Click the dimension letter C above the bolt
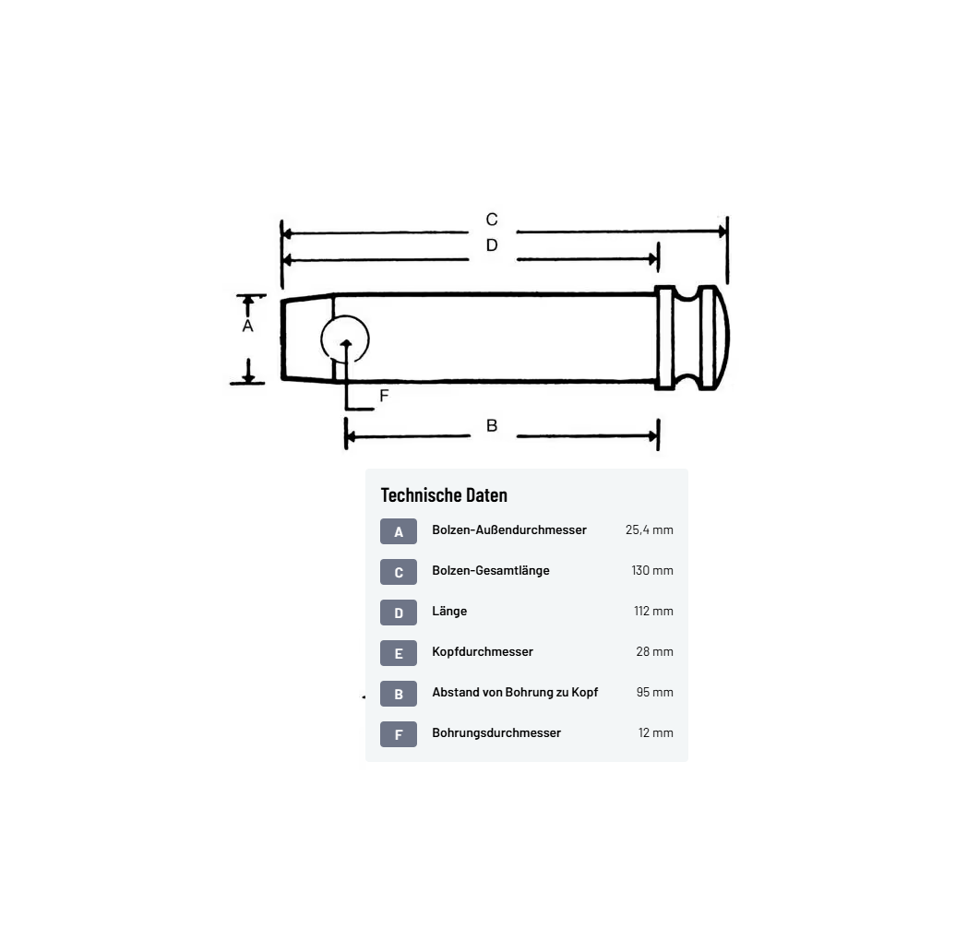click(x=492, y=220)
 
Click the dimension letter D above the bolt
click(x=492, y=245)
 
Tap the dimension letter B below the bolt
click(x=492, y=425)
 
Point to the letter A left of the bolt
click(x=247, y=327)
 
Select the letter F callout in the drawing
click(x=384, y=396)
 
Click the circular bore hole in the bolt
click(x=345, y=339)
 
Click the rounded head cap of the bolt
click(x=714, y=338)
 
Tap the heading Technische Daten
click(x=444, y=495)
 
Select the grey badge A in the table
click(x=399, y=531)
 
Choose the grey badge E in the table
click(x=399, y=653)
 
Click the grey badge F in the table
click(x=399, y=734)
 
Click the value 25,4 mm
click(x=649, y=529)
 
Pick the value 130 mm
click(x=652, y=570)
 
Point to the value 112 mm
click(x=652, y=611)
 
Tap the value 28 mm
click(x=654, y=651)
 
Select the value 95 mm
click(x=654, y=692)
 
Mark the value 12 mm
click(x=655, y=732)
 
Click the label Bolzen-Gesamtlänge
click(x=491, y=570)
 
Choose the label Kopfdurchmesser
click(x=483, y=651)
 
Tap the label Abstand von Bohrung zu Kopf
click(x=515, y=692)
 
